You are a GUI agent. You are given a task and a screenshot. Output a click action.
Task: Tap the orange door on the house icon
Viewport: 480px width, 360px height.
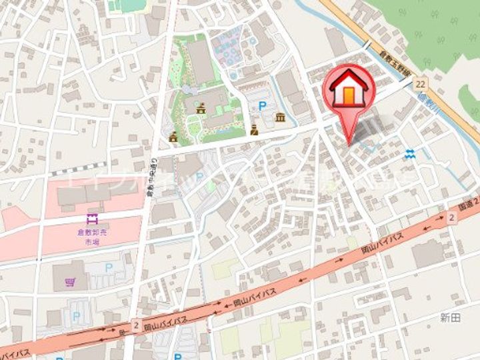coord(349,96)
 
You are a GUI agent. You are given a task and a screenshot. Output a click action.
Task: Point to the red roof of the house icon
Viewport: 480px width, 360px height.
coord(349,81)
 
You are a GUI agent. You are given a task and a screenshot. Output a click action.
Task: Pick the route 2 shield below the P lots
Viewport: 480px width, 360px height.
coord(136,325)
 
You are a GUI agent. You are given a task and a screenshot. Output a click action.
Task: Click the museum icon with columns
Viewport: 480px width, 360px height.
coord(279,118)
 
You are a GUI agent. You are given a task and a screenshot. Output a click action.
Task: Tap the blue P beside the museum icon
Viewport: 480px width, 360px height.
coord(262,105)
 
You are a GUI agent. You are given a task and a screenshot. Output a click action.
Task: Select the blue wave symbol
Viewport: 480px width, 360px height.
coord(409,154)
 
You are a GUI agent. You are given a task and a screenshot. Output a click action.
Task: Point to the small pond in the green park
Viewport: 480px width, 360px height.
coord(189,89)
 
